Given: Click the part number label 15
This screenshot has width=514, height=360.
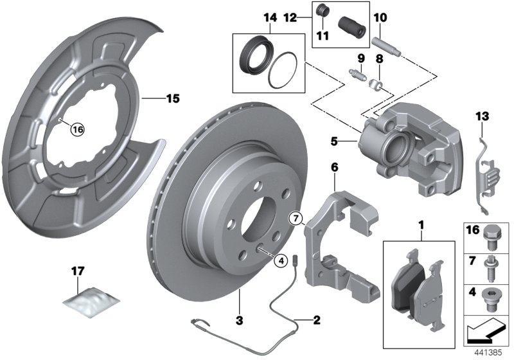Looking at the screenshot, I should pyautogui.click(x=172, y=99).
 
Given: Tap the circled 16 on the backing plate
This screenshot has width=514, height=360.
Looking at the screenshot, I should pyautogui.click(x=77, y=129).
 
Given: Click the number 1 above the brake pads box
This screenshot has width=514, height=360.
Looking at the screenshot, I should pyautogui.click(x=421, y=226).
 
